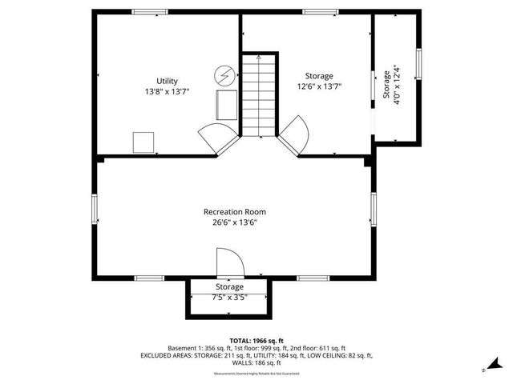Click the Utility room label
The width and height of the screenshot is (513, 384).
tap(167, 81)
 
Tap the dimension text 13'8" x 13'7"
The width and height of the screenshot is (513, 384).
tap(167, 91)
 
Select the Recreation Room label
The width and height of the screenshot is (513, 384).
tap(234, 212)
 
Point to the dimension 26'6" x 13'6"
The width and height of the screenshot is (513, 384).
tap(234, 222)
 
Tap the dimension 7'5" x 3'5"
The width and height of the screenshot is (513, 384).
tap(229, 297)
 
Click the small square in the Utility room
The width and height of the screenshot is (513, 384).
tap(143, 142)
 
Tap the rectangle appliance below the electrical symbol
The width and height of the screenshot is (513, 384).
tap(227, 105)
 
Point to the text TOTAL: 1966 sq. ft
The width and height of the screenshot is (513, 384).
tap(256, 341)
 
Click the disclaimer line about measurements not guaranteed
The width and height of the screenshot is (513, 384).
tap(256, 374)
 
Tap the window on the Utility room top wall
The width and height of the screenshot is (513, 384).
tap(146, 11)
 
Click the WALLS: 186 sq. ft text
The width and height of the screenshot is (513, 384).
tap(256, 362)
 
